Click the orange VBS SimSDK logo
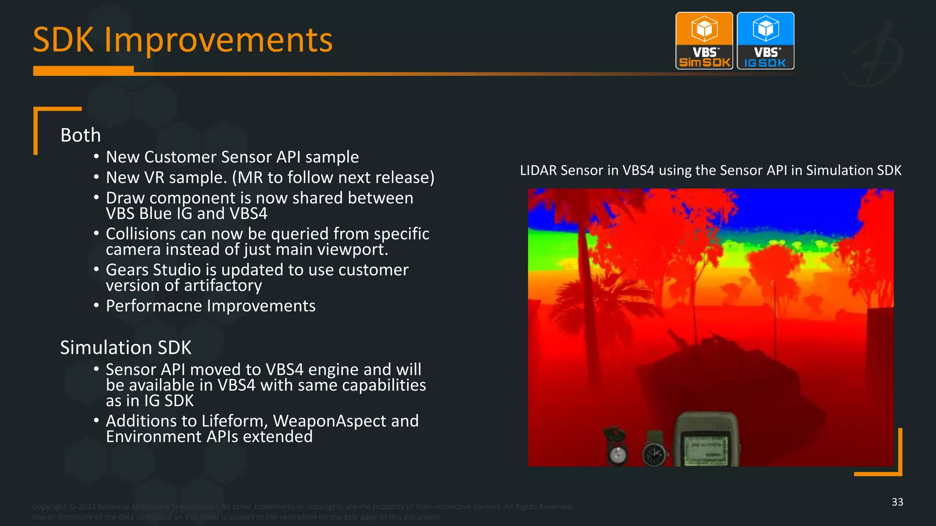tap(704, 41)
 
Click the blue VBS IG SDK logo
tap(766, 41)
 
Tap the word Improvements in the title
tap(218, 40)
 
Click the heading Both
tap(80, 135)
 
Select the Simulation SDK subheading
tap(126, 347)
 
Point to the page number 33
tap(897, 502)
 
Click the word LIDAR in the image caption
tap(538, 170)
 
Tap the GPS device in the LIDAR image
tap(706, 439)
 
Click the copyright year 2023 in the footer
tap(86, 506)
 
